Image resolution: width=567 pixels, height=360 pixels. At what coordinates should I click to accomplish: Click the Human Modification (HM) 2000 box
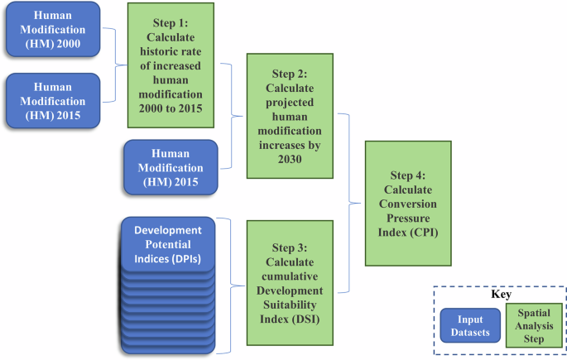click(52, 31)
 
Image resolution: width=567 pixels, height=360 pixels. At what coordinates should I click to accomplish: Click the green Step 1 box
click(171, 65)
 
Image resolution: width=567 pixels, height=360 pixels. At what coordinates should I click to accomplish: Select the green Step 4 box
click(408, 203)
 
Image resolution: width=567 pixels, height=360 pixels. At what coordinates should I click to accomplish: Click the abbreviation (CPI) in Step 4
click(408, 233)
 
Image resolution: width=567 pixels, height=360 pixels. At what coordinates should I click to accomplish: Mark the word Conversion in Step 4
click(408, 204)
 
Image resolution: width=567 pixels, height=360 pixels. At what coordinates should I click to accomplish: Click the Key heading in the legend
click(499, 294)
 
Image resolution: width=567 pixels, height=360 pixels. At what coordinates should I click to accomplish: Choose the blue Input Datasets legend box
click(469, 326)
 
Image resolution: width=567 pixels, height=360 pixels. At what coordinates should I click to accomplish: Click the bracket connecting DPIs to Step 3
click(233, 281)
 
